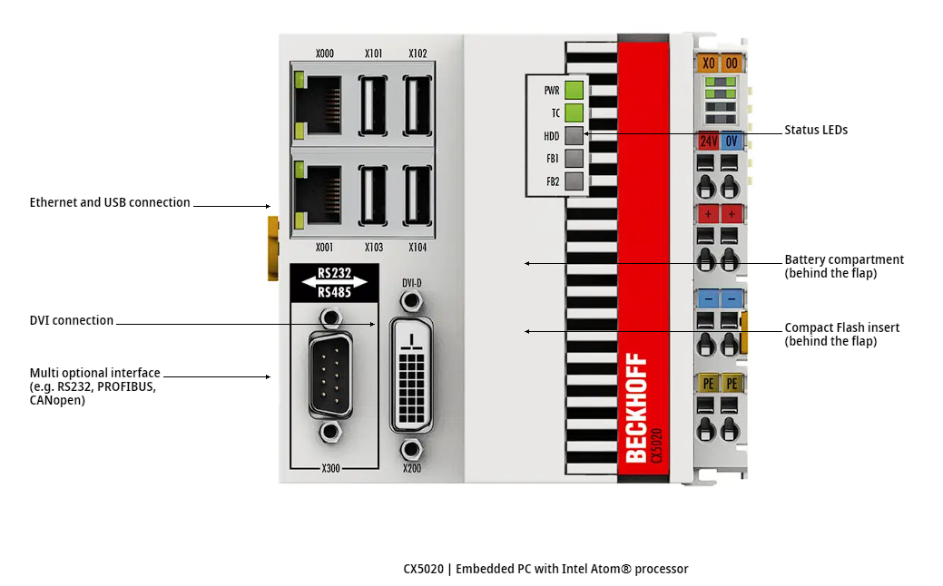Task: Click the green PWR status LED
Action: pyautogui.click(x=573, y=90)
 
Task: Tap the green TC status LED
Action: pyautogui.click(x=573, y=113)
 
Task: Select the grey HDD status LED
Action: pyautogui.click(x=573, y=136)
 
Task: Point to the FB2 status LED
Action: pyautogui.click(x=573, y=181)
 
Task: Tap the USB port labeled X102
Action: pyautogui.click(x=417, y=104)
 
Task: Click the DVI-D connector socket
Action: pyautogui.click(x=411, y=373)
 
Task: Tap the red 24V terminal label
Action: pyautogui.click(x=708, y=142)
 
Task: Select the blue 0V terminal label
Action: pyautogui.click(x=732, y=142)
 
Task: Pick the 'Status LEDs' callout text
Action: pyautogui.click(x=816, y=130)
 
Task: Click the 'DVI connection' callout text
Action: pyautogui.click(x=72, y=320)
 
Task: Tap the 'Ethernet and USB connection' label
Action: pyautogui.click(x=110, y=202)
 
